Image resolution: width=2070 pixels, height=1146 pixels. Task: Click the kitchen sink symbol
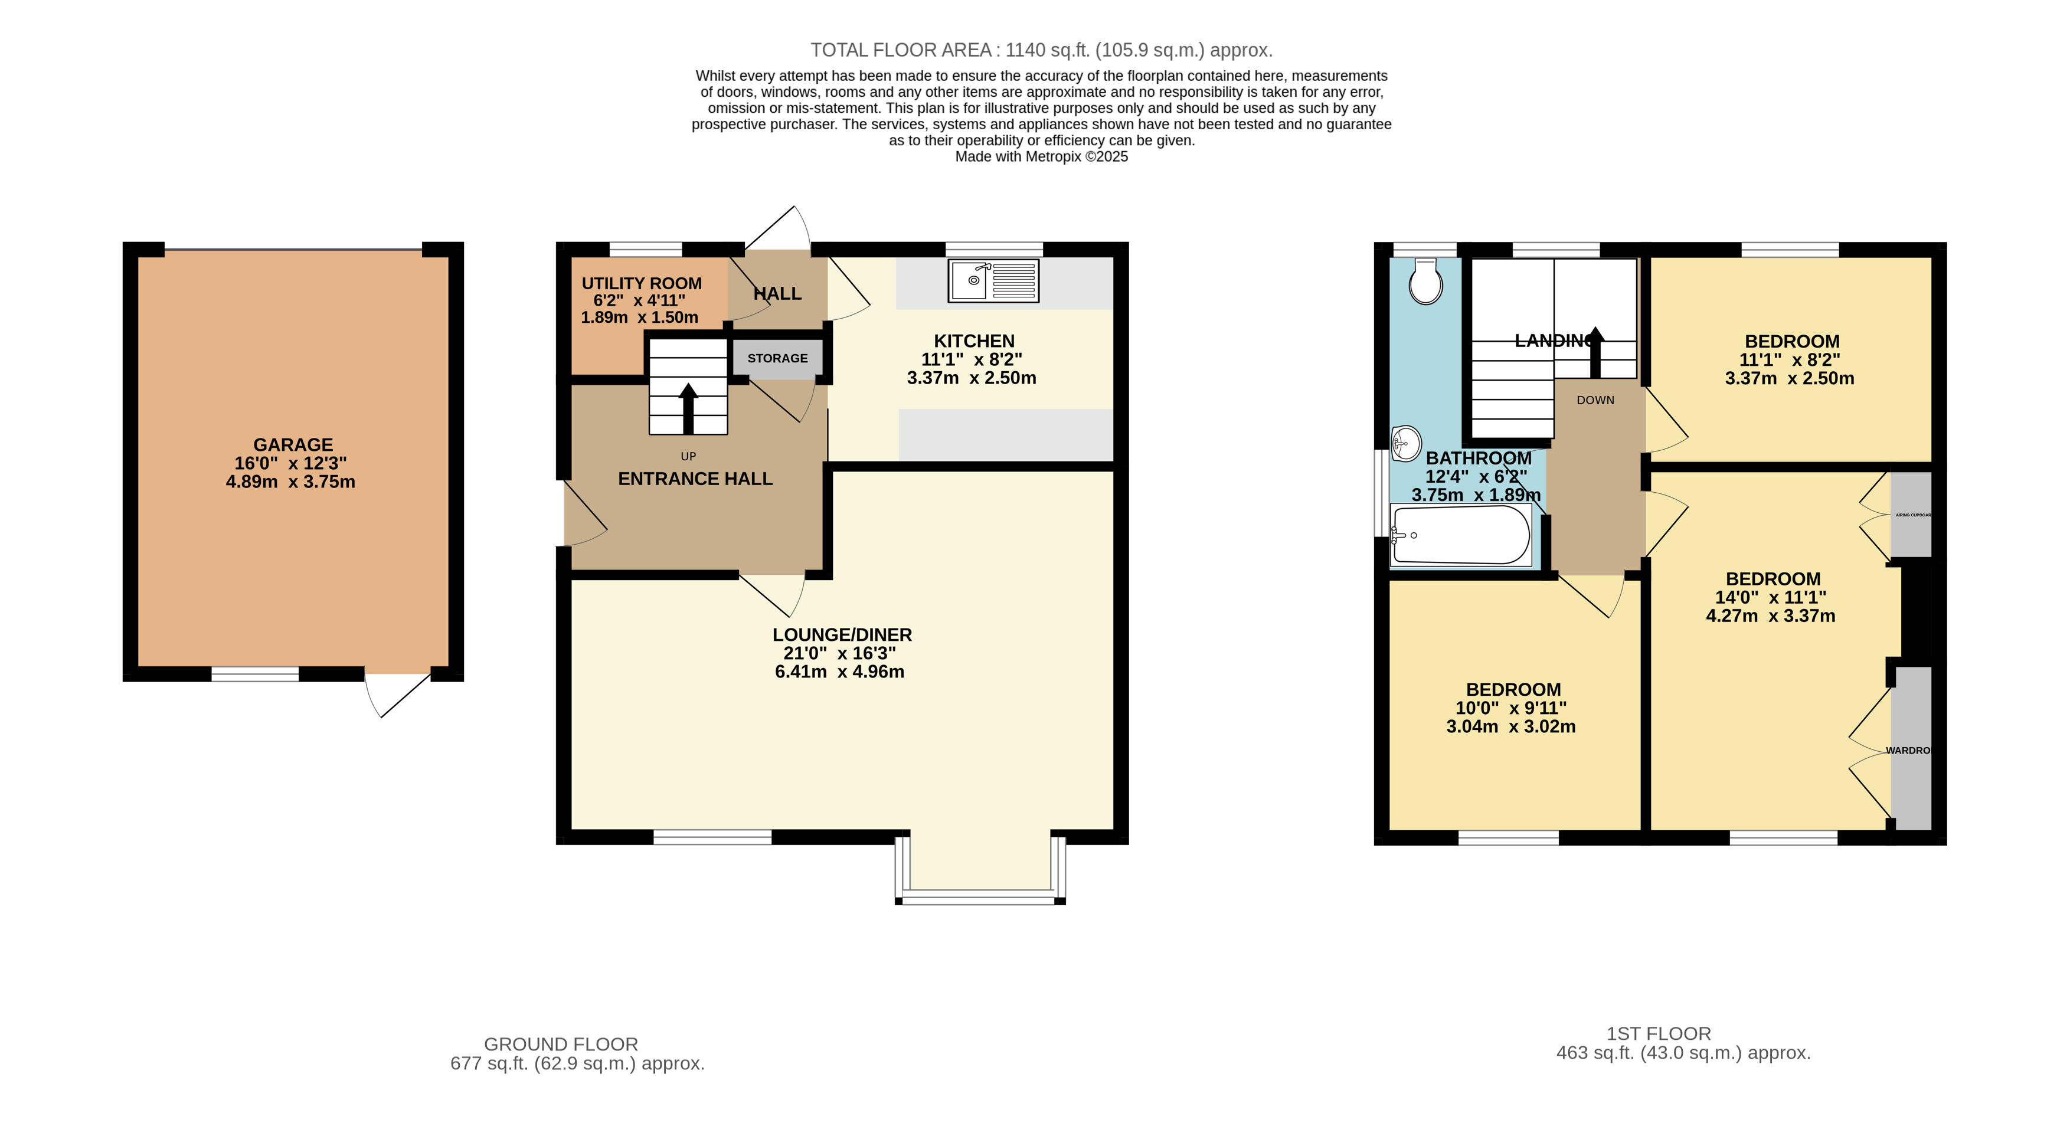tap(993, 280)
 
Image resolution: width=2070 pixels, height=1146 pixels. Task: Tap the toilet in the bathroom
tap(1425, 281)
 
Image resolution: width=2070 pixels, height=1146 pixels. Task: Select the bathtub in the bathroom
tap(1461, 535)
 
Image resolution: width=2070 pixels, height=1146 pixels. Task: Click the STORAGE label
tap(777, 358)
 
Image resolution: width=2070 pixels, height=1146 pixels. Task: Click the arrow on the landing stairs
tap(1595, 352)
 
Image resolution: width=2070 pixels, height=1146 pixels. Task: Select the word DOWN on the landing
tap(1595, 400)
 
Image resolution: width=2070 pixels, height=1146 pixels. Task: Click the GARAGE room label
tap(293, 444)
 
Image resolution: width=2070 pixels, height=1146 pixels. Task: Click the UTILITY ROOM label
tap(641, 284)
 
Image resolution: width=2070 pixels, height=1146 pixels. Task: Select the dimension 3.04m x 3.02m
tap(1510, 727)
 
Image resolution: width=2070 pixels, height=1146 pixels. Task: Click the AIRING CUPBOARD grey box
tap(1911, 515)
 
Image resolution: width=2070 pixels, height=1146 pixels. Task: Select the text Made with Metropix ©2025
tap(1041, 157)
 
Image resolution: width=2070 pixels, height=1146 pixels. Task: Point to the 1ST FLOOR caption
tap(1659, 1033)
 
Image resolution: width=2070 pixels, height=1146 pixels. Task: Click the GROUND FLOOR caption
tap(560, 1044)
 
